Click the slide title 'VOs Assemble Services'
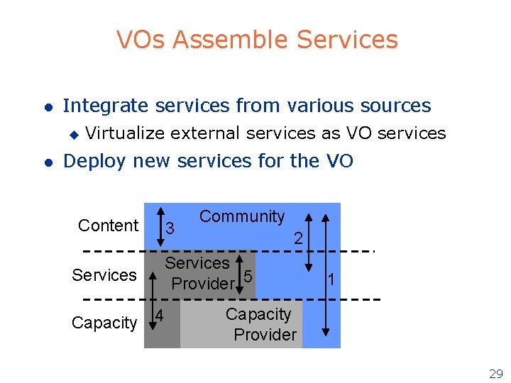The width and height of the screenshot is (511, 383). [x=257, y=40]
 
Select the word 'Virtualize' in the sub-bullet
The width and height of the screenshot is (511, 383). [x=125, y=133]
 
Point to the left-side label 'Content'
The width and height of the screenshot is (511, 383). [x=108, y=226]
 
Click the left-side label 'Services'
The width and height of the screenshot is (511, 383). [x=104, y=274]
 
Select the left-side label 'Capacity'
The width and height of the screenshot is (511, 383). [x=104, y=323]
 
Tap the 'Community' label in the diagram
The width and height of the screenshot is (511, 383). [x=242, y=216]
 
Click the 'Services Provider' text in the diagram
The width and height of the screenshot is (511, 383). [x=199, y=273]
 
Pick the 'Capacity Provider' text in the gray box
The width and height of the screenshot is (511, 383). [x=260, y=324]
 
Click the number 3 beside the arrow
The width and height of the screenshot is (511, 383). [x=170, y=228]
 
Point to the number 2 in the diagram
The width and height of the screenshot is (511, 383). [x=299, y=240]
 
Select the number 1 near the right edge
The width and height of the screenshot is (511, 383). [x=331, y=279]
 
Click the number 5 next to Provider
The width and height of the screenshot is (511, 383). [x=247, y=275]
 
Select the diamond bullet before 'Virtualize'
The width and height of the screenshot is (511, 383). [x=72, y=133]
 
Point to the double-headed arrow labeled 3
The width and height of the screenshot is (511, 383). [x=158, y=226]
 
